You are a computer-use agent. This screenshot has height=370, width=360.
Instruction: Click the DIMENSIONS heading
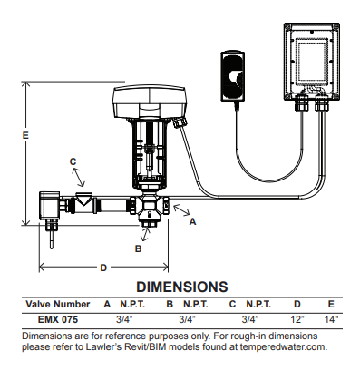pyautogui.click(x=181, y=287)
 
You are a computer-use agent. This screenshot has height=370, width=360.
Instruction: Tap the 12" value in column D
pyautogui.click(x=297, y=319)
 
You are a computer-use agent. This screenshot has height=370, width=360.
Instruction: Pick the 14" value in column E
pyautogui.click(x=331, y=319)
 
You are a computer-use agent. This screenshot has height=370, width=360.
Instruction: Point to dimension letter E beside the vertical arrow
pyautogui.click(x=25, y=135)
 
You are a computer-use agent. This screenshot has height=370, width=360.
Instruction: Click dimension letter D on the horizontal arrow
pyautogui.click(x=103, y=268)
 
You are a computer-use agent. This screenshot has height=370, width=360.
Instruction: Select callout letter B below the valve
pyautogui.click(x=139, y=247)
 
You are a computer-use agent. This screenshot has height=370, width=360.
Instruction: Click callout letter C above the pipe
pyautogui.click(x=73, y=161)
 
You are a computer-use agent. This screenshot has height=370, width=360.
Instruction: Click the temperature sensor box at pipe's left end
pyautogui.click(x=49, y=205)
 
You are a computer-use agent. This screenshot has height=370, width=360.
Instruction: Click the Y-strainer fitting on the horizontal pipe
pyautogui.click(x=84, y=200)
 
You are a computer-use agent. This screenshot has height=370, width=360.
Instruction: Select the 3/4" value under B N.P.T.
pyautogui.click(x=186, y=319)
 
